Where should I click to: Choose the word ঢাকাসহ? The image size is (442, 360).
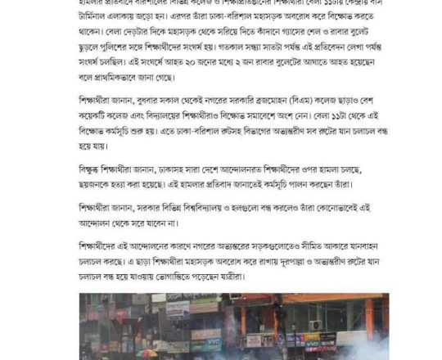pyautogui.click(x=180, y=170)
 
